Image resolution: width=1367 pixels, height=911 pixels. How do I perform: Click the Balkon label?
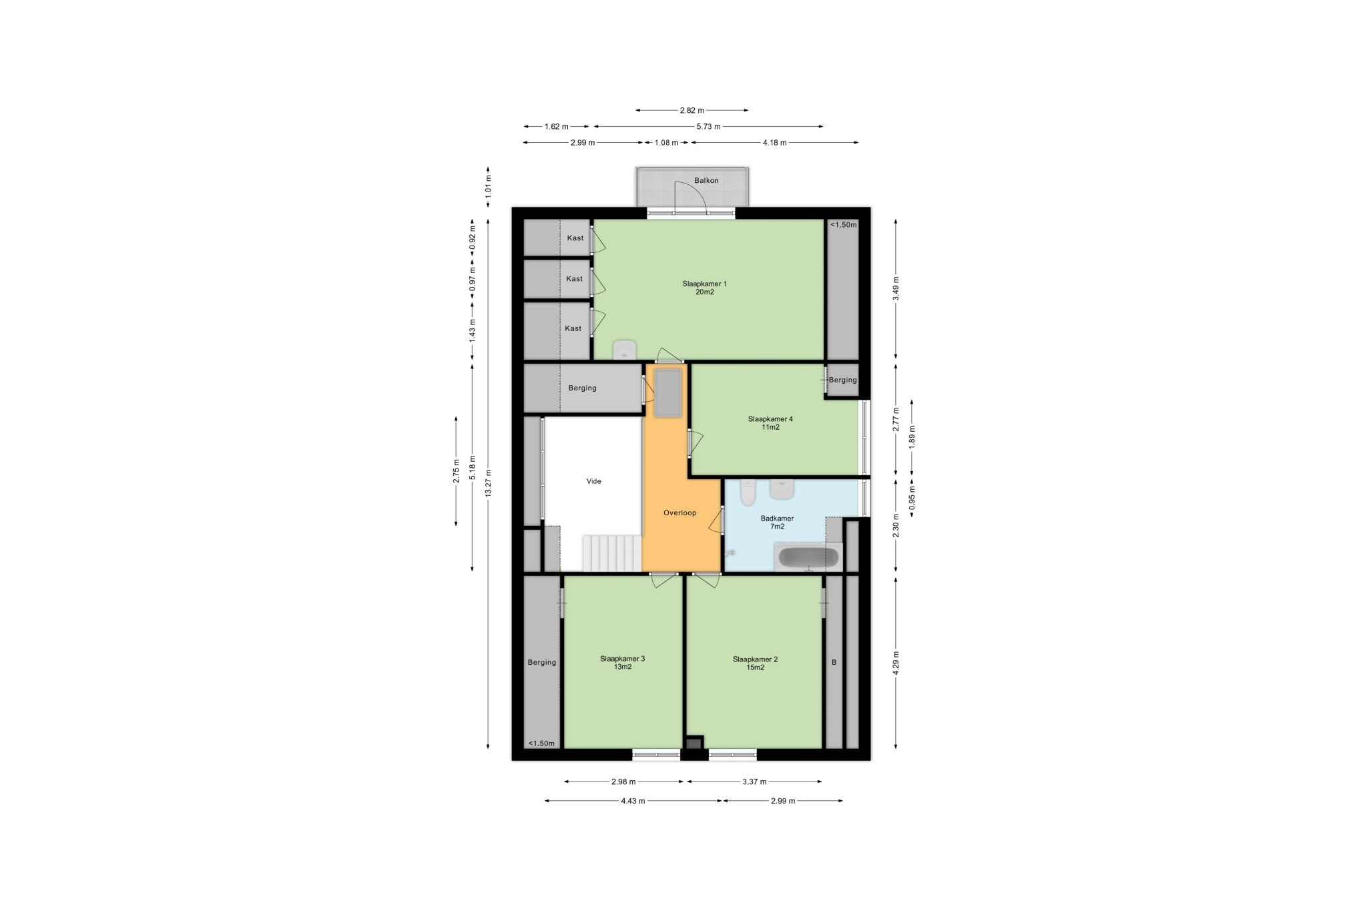(x=706, y=180)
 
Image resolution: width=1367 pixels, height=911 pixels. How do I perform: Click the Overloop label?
(x=679, y=513)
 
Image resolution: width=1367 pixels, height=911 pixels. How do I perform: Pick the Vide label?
(x=593, y=481)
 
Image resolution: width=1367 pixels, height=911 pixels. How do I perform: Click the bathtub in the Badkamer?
(x=808, y=557)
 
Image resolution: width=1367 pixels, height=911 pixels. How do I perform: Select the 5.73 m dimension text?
(x=708, y=126)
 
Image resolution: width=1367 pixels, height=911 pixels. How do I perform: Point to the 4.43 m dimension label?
(x=633, y=801)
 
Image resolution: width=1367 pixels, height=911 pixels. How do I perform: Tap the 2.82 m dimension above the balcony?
(x=692, y=110)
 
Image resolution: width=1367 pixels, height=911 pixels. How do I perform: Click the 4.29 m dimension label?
(x=896, y=663)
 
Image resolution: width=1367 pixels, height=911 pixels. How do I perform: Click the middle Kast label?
(x=574, y=278)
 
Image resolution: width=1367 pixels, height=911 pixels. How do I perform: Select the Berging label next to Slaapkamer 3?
(x=541, y=662)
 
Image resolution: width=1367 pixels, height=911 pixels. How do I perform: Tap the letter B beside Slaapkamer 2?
(x=834, y=663)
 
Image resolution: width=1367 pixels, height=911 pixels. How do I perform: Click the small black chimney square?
(x=694, y=742)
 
